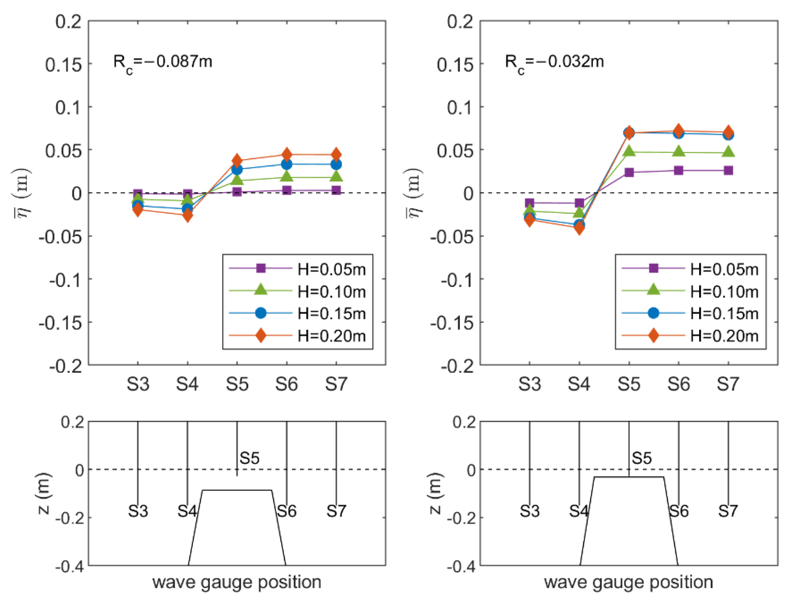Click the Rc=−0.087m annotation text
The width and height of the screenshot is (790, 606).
(x=162, y=62)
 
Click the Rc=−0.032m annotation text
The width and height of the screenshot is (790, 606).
(x=554, y=62)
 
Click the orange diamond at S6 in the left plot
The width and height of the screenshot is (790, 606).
(x=286, y=155)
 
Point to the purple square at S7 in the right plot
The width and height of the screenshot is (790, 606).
(x=728, y=171)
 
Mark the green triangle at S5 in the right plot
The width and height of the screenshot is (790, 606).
(x=629, y=151)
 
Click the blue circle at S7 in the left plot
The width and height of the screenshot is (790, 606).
(x=336, y=164)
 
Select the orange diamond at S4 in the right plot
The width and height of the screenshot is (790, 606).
(x=579, y=228)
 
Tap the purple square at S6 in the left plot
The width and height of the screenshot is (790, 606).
(x=286, y=190)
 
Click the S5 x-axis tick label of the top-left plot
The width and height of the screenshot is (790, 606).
(x=237, y=384)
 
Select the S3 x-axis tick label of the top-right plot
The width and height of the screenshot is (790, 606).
(x=529, y=384)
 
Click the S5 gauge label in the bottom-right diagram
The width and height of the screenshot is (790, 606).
(x=641, y=458)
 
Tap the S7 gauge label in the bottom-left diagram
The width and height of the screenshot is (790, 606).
(x=336, y=511)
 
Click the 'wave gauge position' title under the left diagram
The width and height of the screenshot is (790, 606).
(x=237, y=582)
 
